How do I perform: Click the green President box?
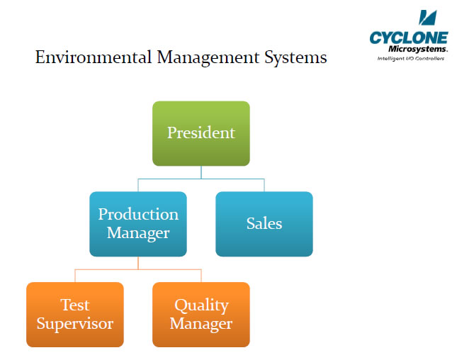(201, 133)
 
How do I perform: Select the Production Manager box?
(138, 224)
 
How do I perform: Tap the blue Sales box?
(264, 224)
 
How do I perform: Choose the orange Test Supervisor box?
(75, 315)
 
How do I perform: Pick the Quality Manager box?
(201, 315)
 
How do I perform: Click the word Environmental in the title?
(94, 57)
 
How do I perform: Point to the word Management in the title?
(208, 57)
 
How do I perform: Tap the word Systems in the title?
(295, 57)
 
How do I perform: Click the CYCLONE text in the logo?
(409, 38)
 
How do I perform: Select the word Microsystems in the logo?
(417, 49)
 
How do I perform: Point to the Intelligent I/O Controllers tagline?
(411, 59)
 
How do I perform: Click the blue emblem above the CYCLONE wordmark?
(428, 18)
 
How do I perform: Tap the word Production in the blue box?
(138, 214)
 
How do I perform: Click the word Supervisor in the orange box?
(75, 324)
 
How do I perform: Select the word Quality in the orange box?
(201, 305)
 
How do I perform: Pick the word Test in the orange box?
(75, 305)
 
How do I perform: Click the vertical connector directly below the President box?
(201, 172)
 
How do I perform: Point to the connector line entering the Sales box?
(264, 185)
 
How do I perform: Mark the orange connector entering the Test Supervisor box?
(75, 276)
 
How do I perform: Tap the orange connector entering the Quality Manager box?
(201, 276)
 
